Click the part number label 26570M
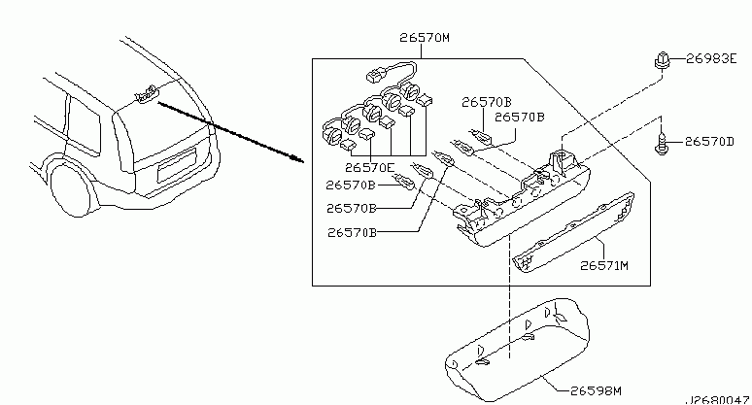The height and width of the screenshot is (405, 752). pos(425,37)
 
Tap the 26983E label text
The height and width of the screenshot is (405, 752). pos(711,58)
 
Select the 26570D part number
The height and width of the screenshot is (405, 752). pos(709,142)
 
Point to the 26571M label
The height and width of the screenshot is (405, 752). pos(604,265)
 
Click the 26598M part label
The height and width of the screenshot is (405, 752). pos(596,391)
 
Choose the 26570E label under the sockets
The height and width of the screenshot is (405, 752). pos(370,168)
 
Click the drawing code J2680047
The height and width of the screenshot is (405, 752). pos(716,400)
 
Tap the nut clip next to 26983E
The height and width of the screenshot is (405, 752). pos(662,61)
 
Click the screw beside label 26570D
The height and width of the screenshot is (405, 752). pos(661,143)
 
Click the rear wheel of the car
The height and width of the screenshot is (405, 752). pos(72,189)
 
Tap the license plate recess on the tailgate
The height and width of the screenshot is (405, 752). pos(177,165)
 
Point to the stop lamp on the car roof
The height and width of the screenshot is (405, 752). pos(147,94)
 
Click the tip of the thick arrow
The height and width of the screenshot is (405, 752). pos(304,162)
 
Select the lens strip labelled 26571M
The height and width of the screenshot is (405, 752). pos(573,232)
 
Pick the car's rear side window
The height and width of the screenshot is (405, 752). pos(84,125)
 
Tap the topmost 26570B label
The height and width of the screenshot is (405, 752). pos(487,102)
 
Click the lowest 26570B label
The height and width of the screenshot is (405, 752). pos(352,232)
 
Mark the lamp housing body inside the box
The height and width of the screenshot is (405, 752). pos(523,201)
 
